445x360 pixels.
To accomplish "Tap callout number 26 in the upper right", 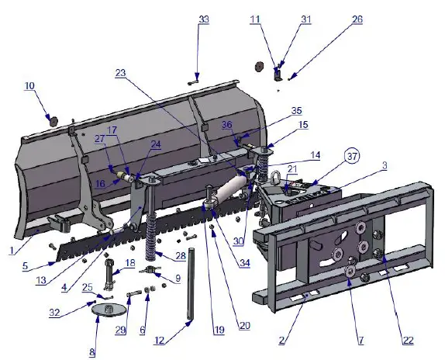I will click(357, 19).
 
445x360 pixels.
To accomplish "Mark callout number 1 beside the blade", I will click(11, 251).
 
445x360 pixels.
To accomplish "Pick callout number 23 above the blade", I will click(121, 73).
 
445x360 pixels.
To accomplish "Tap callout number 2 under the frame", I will click(283, 340).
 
